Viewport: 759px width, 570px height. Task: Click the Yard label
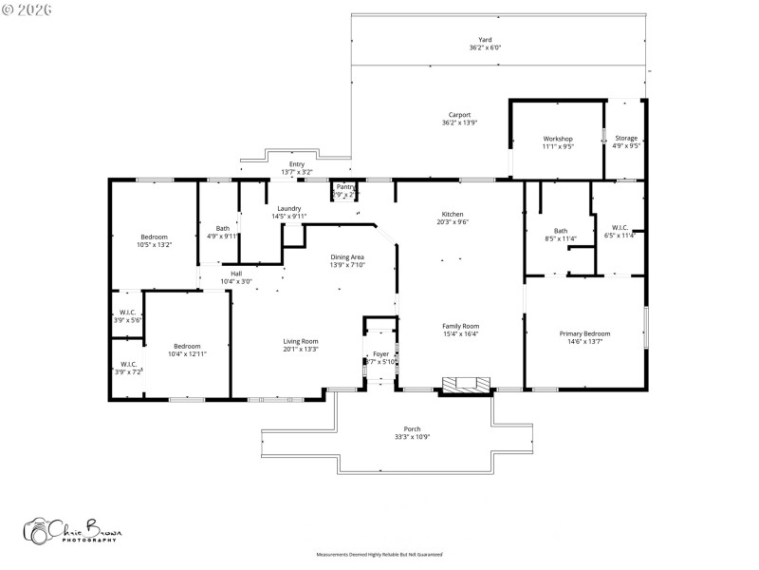coord(484,40)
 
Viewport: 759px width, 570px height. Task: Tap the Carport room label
coord(459,115)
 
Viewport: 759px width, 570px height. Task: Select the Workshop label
coord(557,139)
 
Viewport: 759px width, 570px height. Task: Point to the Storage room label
coord(626,139)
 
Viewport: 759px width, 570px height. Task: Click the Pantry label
coord(345,187)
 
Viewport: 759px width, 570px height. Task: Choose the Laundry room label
coord(288,208)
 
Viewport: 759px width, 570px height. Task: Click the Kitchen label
coord(453,214)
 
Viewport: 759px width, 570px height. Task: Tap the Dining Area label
coord(346,256)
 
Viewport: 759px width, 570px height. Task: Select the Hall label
coord(236,274)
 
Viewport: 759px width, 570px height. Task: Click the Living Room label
coord(300,341)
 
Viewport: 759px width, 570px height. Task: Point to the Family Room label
coord(460,326)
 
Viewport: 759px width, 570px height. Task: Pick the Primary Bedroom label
coord(584,333)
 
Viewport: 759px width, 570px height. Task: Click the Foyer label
coord(379,354)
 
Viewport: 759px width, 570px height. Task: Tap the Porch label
coord(412,428)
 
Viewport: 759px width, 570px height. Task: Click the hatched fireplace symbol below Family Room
coord(466,384)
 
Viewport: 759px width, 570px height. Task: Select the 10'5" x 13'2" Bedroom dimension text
coord(154,244)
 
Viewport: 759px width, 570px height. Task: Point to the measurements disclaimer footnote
coord(379,554)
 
